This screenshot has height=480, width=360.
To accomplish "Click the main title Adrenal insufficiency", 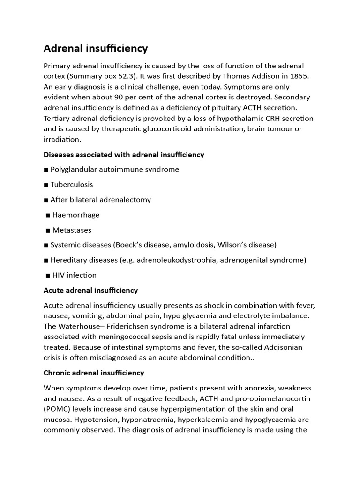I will (96, 48).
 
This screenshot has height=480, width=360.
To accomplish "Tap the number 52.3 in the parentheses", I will (131, 76).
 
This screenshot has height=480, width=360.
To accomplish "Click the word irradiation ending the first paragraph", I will (62, 139).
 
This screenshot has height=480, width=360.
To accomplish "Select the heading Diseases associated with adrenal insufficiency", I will (124, 154).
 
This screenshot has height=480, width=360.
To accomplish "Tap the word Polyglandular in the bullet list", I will (73, 169).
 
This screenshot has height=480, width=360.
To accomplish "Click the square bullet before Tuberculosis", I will (46, 185).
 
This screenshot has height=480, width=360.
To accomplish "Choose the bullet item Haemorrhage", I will (76, 215).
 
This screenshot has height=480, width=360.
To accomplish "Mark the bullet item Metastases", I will (72, 230).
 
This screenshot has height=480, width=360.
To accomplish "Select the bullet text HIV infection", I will (75, 275).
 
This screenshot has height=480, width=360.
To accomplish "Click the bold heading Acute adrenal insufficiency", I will (90, 290).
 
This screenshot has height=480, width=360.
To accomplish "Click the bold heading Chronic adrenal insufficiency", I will (94, 373).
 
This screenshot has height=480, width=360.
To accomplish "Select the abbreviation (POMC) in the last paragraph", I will (57, 409).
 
